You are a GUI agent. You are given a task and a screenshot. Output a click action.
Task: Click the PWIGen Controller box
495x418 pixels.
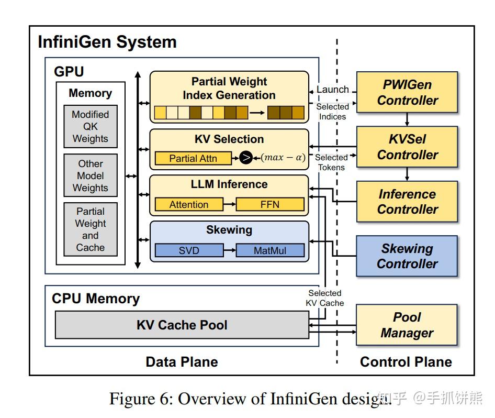pyautogui.click(x=407, y=92)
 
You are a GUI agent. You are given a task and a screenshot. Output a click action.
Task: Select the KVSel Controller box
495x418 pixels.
pyautogui.click(x=407, y=147)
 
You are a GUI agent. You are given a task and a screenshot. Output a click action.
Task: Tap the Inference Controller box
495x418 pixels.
pyautogui.click(x=407, y=202)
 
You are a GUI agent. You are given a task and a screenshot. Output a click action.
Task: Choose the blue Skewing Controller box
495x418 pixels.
pyautogui.click(x=407, y=256)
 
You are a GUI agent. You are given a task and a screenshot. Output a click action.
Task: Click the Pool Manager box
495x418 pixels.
pyautogui.click(x=407, y=325)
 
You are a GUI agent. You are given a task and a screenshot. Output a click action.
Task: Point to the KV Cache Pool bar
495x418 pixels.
pyautogui.click(x=182, y=325)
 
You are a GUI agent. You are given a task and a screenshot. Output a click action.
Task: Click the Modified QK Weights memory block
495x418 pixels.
pyautogui.click(x=90, y=126)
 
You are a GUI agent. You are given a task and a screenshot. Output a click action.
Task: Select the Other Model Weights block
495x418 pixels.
pyautogui.click(x=90, y=175)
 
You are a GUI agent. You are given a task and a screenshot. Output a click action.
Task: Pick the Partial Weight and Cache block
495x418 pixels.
pyautogui.click(x=90, y=229)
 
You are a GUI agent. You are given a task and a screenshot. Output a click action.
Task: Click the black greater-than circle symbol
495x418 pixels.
pyautogui.click(x=246, y=158)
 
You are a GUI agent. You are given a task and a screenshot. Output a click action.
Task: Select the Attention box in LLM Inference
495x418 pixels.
pyautogui.click(x=188, y=205)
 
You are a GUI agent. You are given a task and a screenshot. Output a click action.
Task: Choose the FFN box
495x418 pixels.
pyautogui.click(x=269, y=205)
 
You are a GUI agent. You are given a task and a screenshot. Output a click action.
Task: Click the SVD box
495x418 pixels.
pyautogui.click(x=188, y=250)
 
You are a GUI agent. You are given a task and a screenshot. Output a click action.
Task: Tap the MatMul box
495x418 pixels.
pyautogui.click(x=269, y=250)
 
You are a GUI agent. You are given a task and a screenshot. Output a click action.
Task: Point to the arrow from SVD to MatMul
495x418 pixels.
pyautogui.click(x=229, y=250)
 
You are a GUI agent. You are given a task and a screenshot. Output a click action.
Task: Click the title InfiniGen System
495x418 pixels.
pyautogui.click(x=107, y=42)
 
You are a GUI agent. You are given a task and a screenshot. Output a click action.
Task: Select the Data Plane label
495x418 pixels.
pyautogui.click(x=182, y=362)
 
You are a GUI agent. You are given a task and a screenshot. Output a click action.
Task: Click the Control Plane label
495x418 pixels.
pyautogui.click(x=406, y=362)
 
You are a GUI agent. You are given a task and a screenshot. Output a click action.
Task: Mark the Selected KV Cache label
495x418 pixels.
pyautogui.click(x=324, y=298)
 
